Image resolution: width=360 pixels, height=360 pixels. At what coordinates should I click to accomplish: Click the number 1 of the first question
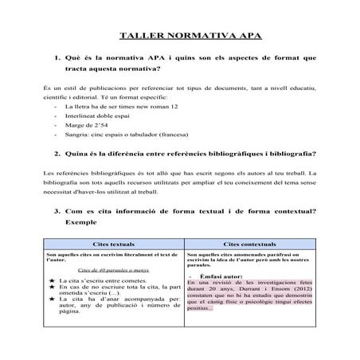[57, 59]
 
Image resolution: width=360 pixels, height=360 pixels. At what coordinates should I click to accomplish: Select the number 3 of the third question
[57, 212]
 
